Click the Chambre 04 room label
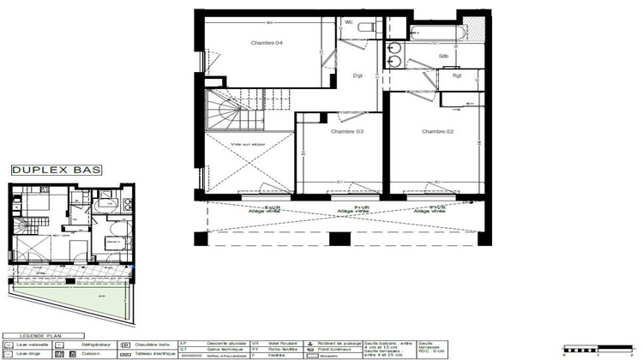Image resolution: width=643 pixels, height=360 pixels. coord(267,43)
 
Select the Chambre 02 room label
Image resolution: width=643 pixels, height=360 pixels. coord(437,131)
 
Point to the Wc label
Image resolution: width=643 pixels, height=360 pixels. coord(350,21)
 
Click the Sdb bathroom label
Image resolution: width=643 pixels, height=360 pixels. coord(443,57)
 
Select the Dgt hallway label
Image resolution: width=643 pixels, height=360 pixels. coord(358,76)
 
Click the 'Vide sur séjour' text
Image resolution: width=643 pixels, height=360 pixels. coord(248,145)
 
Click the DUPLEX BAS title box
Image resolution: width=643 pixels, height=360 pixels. coord(57,170)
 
